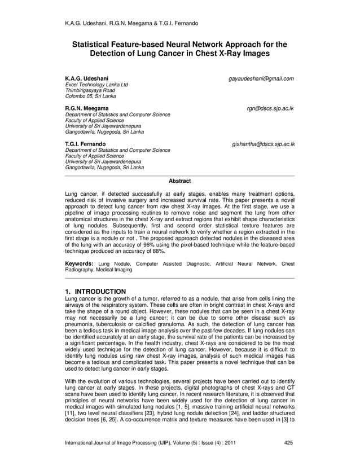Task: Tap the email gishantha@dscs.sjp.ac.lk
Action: click(263, 144)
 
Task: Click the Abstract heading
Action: click(180, 181)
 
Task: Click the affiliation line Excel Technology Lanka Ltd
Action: click(97, 85)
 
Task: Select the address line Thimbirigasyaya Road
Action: click(90, 90)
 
